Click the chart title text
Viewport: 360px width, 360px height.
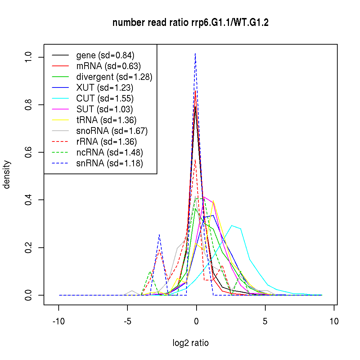pos(190,23)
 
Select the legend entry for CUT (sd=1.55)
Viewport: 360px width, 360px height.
pos(105,98)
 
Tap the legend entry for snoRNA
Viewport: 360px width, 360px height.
pos(112,131)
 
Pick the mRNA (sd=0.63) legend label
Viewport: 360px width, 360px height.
pos(108,66)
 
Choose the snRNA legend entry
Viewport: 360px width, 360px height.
pos(109,163)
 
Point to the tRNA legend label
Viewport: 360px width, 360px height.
pos(106,120)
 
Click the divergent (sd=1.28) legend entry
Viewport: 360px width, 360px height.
pos(114,77)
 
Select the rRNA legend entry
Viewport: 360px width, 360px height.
pos(107,141)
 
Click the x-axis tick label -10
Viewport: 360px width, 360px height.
pos(59,321)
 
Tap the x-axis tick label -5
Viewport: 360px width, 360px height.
pos(127,321)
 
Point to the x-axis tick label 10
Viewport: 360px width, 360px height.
pos(334,321)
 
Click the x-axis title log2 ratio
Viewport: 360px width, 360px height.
pos(190,343)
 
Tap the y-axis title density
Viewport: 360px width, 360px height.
pos(7,175)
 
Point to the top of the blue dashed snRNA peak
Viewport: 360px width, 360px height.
pos(195,54)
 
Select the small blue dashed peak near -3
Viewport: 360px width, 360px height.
pos(159,235)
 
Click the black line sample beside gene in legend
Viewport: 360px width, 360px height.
pos(60,55)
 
